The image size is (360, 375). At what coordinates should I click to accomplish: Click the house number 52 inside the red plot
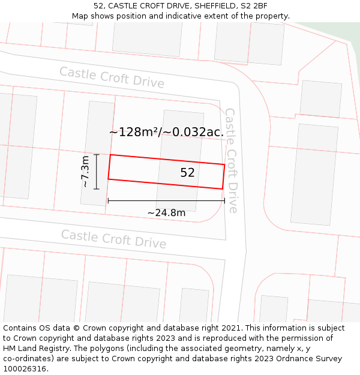[187, 173]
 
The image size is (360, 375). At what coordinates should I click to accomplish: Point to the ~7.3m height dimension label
[86, 172]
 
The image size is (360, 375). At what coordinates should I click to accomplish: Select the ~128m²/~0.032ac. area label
[166, 132]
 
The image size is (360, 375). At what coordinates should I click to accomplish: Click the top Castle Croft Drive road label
[112, 77]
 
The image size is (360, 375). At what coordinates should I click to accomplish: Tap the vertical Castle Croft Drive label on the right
[232, 160]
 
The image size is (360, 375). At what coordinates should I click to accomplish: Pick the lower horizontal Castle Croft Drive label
[113, 239]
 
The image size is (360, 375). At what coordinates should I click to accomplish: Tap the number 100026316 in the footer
[25, 369]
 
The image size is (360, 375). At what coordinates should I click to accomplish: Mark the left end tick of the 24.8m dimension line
[108, 200]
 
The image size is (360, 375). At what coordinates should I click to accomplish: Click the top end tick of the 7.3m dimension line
[97, 155]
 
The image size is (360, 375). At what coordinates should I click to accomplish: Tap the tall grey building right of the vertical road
[314, 174]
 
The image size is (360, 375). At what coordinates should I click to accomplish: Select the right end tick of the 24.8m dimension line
[224, 200]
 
